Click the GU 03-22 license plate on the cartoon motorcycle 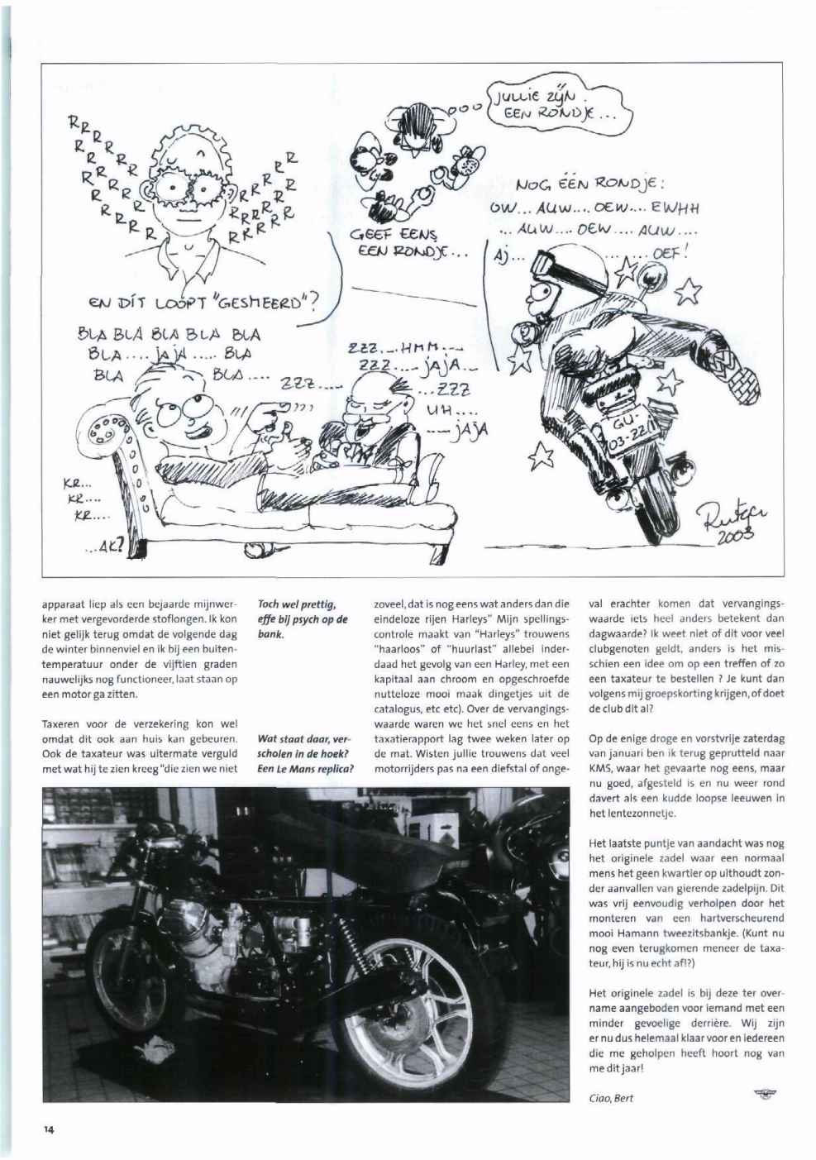tap(630, 432)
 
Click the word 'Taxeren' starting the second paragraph tap(62, 723)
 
